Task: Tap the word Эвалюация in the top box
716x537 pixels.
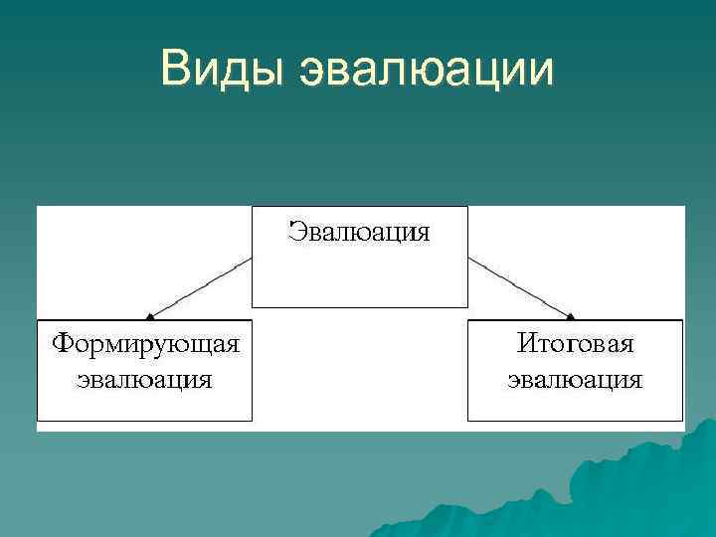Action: pos(359,233)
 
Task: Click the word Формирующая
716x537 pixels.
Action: pos(146,344)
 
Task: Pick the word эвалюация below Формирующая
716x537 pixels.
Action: pos(145,380)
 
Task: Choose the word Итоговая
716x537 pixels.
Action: pos(575,344)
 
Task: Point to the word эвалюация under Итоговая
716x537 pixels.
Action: pos(575,380)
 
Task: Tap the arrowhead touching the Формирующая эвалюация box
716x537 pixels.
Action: pos(150,316)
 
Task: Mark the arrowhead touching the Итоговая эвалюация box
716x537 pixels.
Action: pos(570,316)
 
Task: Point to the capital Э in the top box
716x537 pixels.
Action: pos(296,233)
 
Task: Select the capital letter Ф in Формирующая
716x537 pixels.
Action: pos(63,344)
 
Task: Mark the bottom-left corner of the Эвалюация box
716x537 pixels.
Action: pos(253,306)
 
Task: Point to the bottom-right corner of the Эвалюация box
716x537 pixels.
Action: pos(466,306)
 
